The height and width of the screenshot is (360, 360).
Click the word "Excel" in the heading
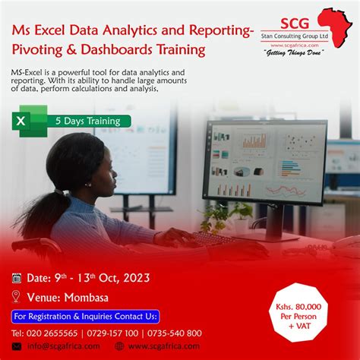tap(58, 31)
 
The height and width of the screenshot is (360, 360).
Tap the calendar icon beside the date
tap(17, 278)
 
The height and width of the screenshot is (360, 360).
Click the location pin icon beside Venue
tap(17, 296)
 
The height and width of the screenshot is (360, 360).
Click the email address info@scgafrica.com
tap(65, 346)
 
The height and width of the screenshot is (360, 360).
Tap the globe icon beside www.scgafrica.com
tap(120, 346)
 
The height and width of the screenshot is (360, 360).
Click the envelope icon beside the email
tap(17, 346)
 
